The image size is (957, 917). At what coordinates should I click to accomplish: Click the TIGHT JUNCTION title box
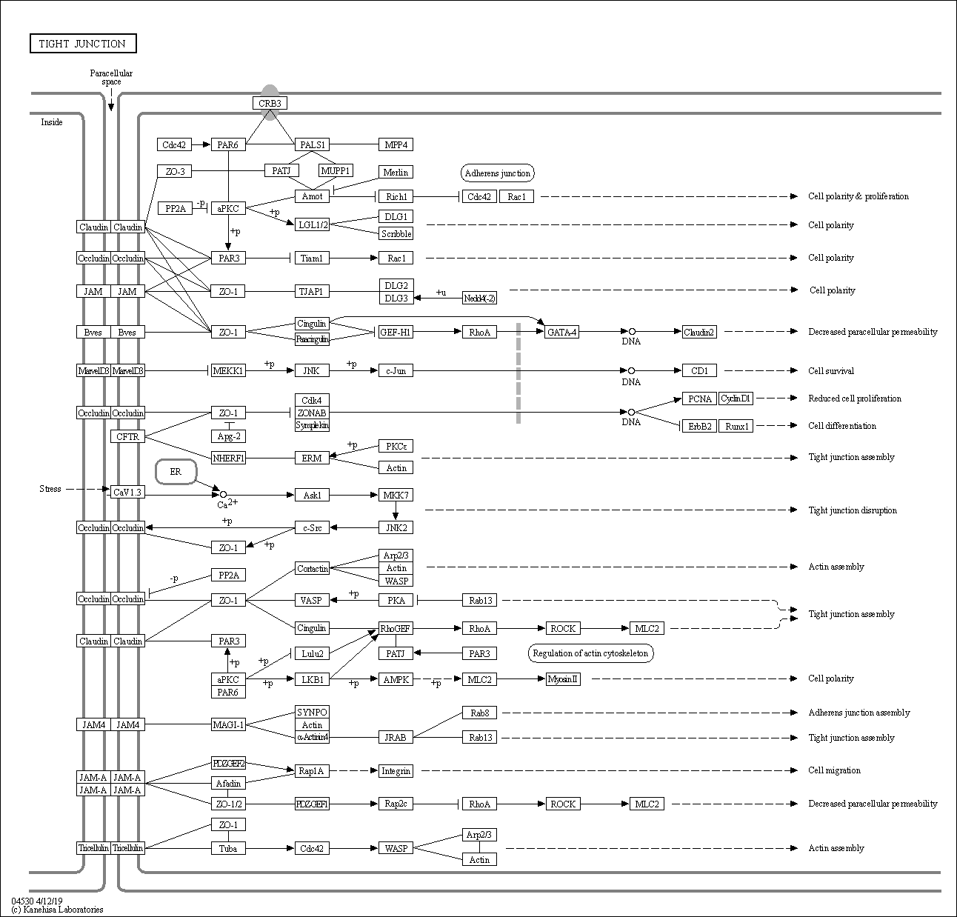pos(83,44)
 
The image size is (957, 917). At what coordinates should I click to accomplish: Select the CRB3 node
pos(270,103)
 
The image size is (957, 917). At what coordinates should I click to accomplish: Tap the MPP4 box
pos(396,144)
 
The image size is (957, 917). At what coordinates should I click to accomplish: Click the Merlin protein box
pos(396,172)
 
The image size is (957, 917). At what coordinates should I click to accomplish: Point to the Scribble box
pos(396,233)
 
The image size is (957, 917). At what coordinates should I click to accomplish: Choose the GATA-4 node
pos(561,332)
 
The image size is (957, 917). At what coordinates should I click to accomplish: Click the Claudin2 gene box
pos(699,332)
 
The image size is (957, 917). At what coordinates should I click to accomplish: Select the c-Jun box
pos(396,370)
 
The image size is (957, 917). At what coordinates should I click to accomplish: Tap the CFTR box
pos(127,436)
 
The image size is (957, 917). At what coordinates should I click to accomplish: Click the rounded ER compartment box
pos(176,472)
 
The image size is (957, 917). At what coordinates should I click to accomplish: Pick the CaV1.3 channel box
pos(127,492)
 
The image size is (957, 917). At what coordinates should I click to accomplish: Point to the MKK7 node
pos(396,495)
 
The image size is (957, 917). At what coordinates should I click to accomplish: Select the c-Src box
pos(312,527)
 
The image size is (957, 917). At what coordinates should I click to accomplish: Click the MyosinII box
pos(563,678)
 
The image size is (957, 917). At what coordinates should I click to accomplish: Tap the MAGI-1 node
pos(228,724)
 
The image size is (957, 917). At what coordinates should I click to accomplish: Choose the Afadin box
pos(228,783)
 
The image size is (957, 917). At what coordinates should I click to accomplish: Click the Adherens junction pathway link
pos(498,173)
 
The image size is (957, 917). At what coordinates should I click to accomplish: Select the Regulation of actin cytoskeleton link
pos(590,653)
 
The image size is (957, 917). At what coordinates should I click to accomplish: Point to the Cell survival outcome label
pos(831,370)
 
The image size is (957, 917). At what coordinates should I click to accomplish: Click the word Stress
pos(50,489)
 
